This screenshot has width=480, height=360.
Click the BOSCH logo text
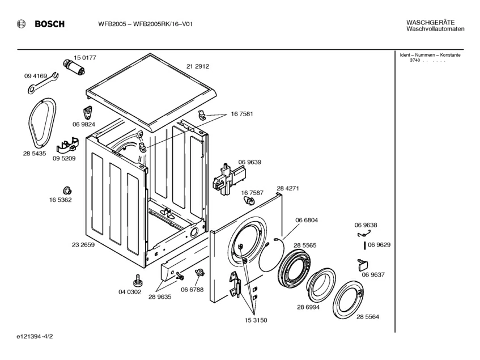[49, 24]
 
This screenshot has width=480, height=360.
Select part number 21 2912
[198, 66]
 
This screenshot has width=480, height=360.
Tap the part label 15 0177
[85, 58]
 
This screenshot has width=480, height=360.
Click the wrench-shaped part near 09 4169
[42, 83]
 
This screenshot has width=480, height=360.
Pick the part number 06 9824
[83, 124]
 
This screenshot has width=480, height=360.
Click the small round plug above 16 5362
[66, 190]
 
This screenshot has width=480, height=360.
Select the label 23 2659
[83, 245]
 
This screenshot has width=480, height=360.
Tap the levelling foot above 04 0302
[137, 279]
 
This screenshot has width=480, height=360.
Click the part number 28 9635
[160, 297]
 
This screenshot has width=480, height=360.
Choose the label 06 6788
[192, 290]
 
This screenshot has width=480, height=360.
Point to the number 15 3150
[256, 320]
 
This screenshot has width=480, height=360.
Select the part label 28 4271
[287, 188]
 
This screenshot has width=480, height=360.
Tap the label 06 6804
[306, 220]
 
